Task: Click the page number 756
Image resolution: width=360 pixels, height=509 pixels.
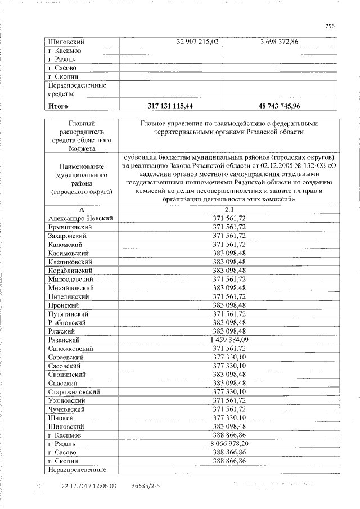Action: pos(330,25)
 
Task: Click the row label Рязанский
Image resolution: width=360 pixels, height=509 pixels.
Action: pos(64,340)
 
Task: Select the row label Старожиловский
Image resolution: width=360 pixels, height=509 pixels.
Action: pos(74,391)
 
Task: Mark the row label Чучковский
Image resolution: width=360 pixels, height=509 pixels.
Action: pos(67,409)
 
